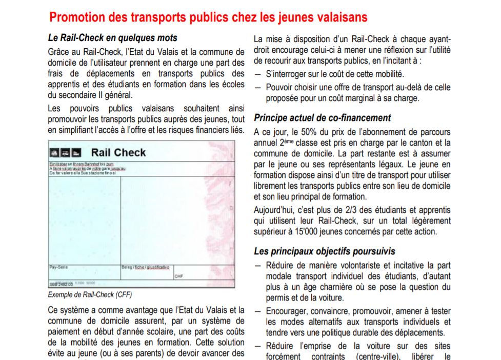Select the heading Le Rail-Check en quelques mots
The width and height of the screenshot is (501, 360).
tap(112, 38)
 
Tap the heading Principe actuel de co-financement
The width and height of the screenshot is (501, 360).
tap(323, 118)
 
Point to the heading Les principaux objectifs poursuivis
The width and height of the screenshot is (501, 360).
tap(325, 252)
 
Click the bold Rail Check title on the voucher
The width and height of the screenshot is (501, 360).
tap(118, 152)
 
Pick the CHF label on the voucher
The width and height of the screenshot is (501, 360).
tap(178, 276)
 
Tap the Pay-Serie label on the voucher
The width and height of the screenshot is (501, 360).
tap(58, 267)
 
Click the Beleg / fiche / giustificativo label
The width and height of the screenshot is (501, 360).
tap(145, 267)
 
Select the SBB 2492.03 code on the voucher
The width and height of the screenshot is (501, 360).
tap(60, 283)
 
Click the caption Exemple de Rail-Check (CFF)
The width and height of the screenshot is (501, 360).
tap(90, 295)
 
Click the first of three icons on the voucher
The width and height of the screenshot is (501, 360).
tap(54, 152)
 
